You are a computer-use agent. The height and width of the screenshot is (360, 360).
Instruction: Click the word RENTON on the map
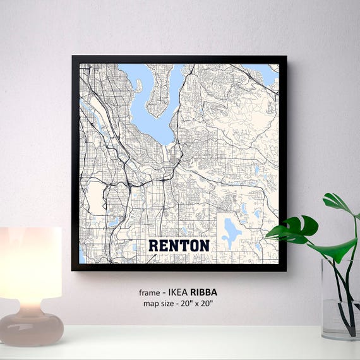[x=179, y=245]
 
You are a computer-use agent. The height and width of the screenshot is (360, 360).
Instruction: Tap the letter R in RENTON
[x=153, y=245]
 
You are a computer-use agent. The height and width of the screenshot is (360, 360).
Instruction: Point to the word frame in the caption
[x=149, y=292]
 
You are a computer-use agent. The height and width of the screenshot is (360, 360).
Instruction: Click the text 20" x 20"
[x=197, y=304]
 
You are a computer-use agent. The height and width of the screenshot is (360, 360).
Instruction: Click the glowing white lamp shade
[x=30, y=263]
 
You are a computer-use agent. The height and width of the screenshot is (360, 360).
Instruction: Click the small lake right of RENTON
[x=231, y=232]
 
